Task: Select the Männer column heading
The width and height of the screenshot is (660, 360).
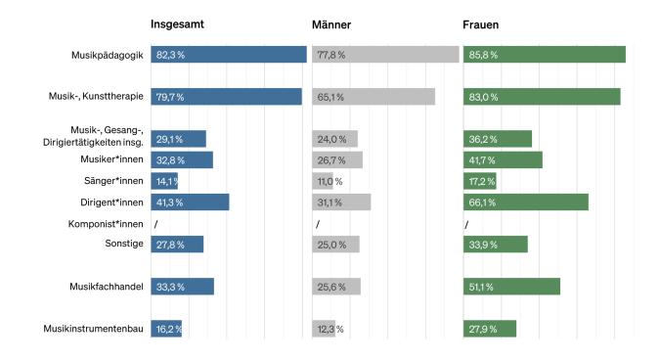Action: point(332,24)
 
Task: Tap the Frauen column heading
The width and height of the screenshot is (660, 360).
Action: point(480,24)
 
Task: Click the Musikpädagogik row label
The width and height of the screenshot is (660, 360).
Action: point(108,55)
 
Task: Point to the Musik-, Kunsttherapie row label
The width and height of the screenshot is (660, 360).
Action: point(97,97)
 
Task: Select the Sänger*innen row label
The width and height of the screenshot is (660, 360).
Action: point(114,181)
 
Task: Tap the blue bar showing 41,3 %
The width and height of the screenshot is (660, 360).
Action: point(190,202)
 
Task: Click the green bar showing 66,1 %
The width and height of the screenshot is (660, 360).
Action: point(526,202)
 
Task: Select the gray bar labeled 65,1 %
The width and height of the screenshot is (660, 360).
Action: point(374,97)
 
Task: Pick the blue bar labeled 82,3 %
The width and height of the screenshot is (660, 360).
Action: point(229,55)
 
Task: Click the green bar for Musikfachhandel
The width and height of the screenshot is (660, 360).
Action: point(511,287)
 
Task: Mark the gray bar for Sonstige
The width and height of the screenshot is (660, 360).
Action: point(335,245)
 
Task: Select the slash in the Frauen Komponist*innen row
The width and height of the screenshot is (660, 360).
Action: point(467,224)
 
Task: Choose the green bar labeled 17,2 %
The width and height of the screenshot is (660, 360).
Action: point(480,182)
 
